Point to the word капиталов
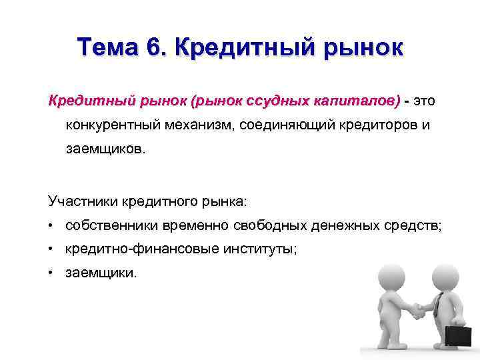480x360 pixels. (357, 101)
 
